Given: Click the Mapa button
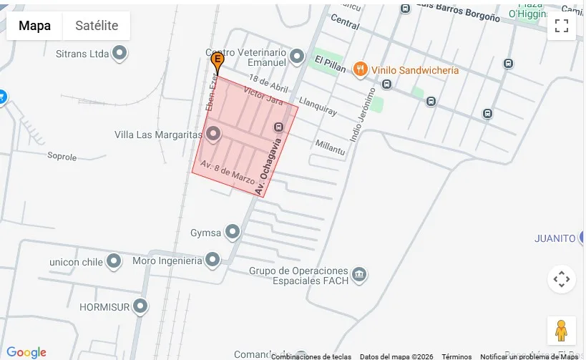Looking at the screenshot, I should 34,26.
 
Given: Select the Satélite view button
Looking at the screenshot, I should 97,26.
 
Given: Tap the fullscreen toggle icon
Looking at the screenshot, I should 562,26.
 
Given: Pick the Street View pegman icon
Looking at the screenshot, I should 562,330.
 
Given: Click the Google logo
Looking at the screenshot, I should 26,352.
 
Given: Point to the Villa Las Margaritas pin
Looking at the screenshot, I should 213,135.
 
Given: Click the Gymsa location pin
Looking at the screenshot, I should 233,232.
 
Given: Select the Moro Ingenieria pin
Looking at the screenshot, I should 213,260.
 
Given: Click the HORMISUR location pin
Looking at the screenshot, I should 141,306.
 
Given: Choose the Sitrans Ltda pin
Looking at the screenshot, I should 119,53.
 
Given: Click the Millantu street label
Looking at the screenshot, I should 331,147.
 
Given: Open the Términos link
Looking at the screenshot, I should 456,356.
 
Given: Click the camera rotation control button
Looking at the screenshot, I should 562,279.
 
